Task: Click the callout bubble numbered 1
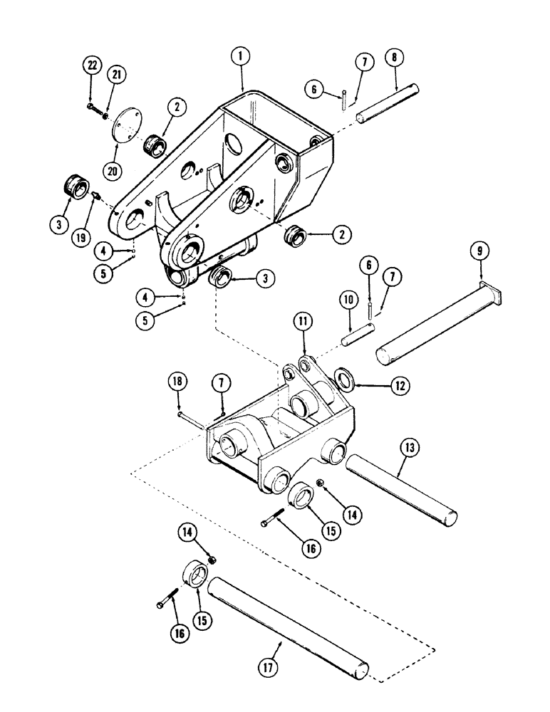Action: coord(242,56)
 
